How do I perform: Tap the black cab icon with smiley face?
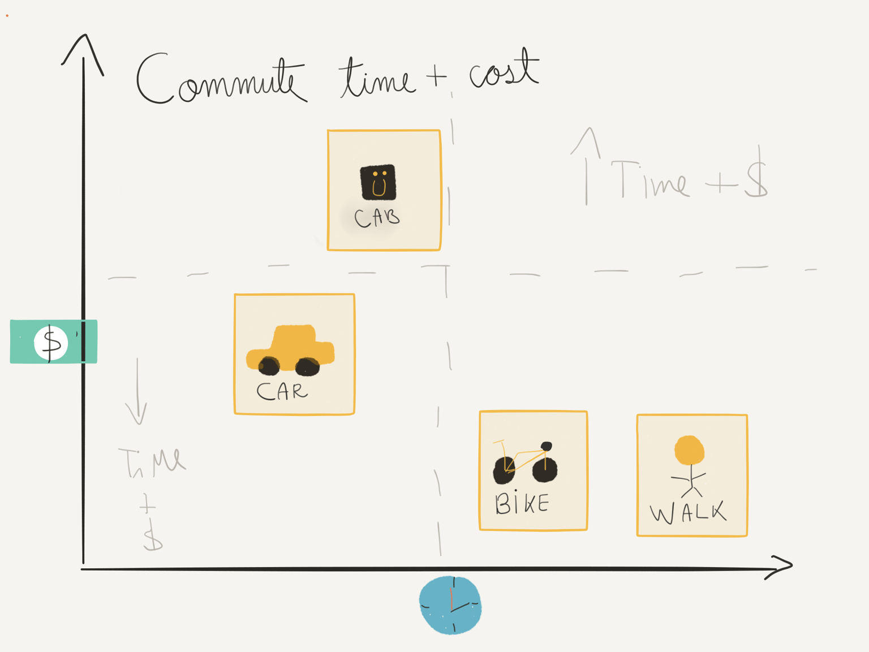pyautogui.click(x=378, y=182)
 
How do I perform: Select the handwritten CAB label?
pyautogui.click(x=377, y=218)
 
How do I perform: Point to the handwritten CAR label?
pyautogui.click(x=282, y=391)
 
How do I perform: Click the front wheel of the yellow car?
pyautogui.click(x=308, y=367)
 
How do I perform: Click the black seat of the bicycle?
pyautogui.click(x=547, y=446)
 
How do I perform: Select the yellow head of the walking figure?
pyautogui.click(x=689, y=450)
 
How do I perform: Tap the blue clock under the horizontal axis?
pyautogui.click(x=450, y=605)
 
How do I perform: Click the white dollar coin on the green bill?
pyautogui.click(x=51, y=343)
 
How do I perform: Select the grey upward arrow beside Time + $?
pyautogui.click(x=587, y=166)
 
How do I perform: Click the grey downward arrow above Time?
pyautogui.click(x=137, y=391)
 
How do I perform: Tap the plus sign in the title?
pyautogui.click(x=436, y=75)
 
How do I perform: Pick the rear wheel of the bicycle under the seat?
pyautogui.click(x=545, y=469)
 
